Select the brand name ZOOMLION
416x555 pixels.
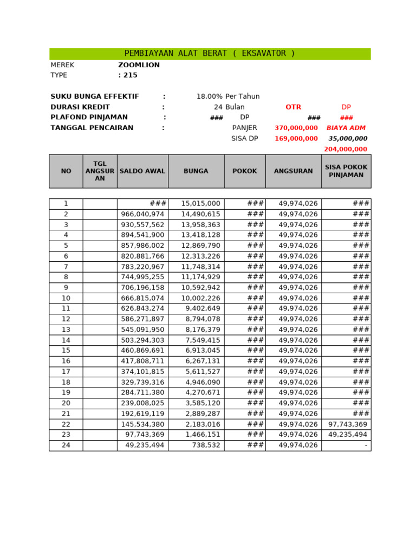(139, 65)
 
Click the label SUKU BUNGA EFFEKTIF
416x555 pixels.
(95, 96)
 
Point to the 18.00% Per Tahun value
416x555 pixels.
(227, 96)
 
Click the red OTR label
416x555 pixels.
(293, 107)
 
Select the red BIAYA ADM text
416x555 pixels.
(346, 128)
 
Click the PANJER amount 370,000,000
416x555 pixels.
(296, 128)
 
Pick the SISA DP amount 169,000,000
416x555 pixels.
(296, 139)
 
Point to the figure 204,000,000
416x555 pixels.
(346, 149)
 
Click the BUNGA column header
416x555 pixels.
(196, 171)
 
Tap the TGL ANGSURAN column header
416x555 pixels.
(100, 171)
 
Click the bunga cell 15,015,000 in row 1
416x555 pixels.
(200, 204)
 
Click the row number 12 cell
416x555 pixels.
(66, 319)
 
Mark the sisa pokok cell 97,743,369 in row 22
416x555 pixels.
(348, 424)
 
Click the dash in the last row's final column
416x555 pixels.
(367, 446)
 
